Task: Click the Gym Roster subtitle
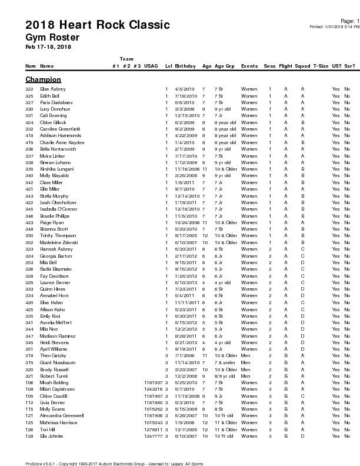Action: click(52, 37)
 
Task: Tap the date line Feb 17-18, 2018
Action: click(48, 46)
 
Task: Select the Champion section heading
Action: click(43, 79)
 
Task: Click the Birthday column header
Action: click(185, 66)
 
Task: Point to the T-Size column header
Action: click(321, 66)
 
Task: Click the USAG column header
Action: click(151, 66)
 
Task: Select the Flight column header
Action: click(285, 66)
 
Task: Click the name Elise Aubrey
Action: click(52, 89)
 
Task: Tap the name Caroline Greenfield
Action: click(60, 129)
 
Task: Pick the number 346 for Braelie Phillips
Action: click(29, 216)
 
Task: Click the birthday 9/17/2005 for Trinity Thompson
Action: click(184, 236)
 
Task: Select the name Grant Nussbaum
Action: click(57, 362)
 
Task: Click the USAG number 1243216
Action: click(153, 389)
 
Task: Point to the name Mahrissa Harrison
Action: click(58, 422)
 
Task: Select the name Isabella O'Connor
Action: click(58, 209)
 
